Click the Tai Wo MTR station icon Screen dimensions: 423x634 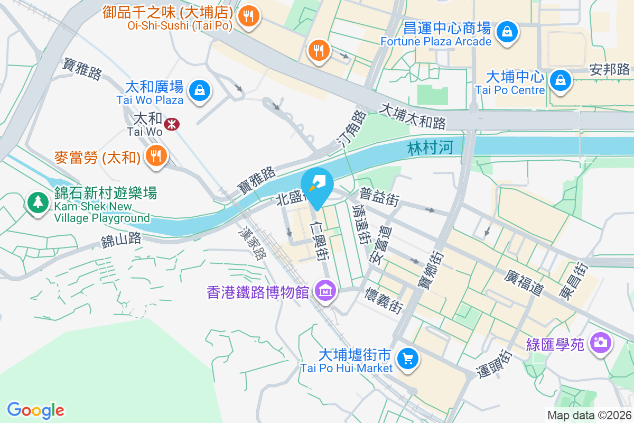[171, 124]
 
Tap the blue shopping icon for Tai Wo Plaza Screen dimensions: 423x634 [200, 90]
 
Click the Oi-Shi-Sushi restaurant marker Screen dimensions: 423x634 [248, 16]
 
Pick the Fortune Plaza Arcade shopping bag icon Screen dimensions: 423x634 [507, 32]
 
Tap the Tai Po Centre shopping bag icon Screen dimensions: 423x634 [559, 81]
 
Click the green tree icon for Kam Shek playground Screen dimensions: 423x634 [38, 202]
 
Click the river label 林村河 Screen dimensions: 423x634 [431, 149]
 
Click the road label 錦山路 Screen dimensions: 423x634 [122, 240]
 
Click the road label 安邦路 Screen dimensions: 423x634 [610, 69]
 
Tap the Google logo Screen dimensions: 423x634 [36, 410]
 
